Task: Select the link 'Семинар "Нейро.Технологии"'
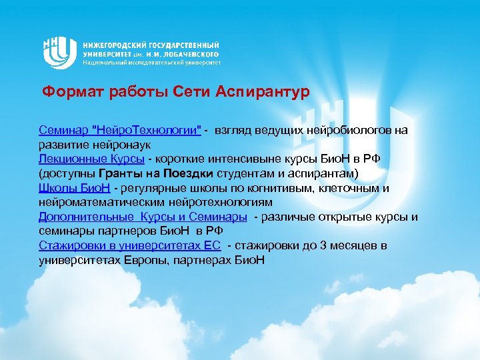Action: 120,129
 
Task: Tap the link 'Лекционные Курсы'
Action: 91,159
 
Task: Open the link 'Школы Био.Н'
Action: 74,188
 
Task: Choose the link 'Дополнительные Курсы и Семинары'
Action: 143,217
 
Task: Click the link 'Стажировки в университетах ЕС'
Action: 129,245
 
